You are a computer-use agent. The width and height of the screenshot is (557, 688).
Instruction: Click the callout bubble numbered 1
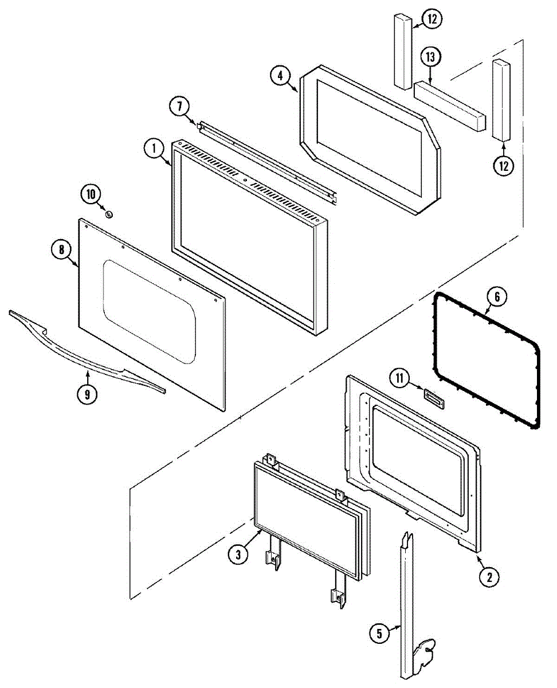[x=153, y=149]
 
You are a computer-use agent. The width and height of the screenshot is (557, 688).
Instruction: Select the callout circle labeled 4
[x=280, y=77]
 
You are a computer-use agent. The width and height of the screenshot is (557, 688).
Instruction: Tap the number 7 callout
[x=179, y=106]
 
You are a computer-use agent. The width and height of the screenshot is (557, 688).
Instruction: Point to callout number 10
[x=91, y=194]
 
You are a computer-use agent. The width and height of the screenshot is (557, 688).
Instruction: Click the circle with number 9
[x=88, y=394]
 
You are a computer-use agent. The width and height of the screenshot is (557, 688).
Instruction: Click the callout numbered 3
[x=238, y=554]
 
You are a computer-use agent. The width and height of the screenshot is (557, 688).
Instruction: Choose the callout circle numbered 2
[x=489, y=577]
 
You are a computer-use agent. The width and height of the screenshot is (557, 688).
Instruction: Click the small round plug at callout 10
[x=109, y=214]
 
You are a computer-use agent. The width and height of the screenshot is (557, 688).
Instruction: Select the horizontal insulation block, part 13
[x=450, y=106]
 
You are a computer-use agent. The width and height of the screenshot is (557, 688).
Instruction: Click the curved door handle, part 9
[x=86, y=355]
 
